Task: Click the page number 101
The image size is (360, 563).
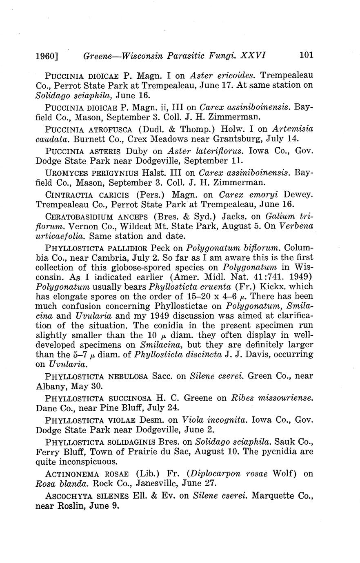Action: pyautogui.click(x=306, y=55)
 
